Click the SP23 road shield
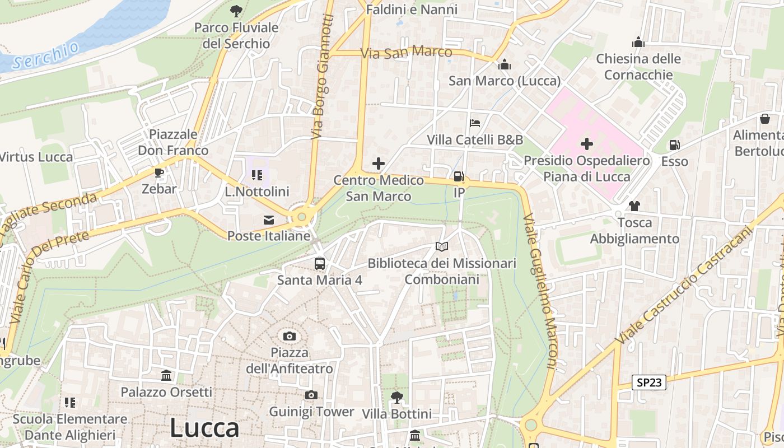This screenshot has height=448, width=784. (650, 383)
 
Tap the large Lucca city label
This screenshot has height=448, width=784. (204, 428)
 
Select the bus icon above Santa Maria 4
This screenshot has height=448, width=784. (319, 263)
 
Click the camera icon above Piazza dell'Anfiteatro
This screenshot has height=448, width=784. (289, 336)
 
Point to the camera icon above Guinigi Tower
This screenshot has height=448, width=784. (311, 395)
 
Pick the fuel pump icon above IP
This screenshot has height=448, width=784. (459, 176)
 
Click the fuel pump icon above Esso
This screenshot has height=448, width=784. (674, 145)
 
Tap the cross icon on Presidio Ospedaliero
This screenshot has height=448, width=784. (587, 144)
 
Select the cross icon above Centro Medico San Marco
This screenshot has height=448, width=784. (379, 164)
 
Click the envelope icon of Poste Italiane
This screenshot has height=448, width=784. (269, 220)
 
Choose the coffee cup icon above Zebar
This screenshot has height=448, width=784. (159, 172)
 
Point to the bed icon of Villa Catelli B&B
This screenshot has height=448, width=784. (475, 123)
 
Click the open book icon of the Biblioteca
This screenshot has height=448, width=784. (442, 246)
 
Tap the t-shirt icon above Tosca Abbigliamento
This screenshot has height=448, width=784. (634, 206)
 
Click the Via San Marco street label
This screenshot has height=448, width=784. (407, 53)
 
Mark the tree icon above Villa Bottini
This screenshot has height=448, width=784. (396, 398)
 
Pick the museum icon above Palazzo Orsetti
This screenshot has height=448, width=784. (166, 375)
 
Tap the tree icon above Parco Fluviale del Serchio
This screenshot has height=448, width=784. (236, 11)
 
